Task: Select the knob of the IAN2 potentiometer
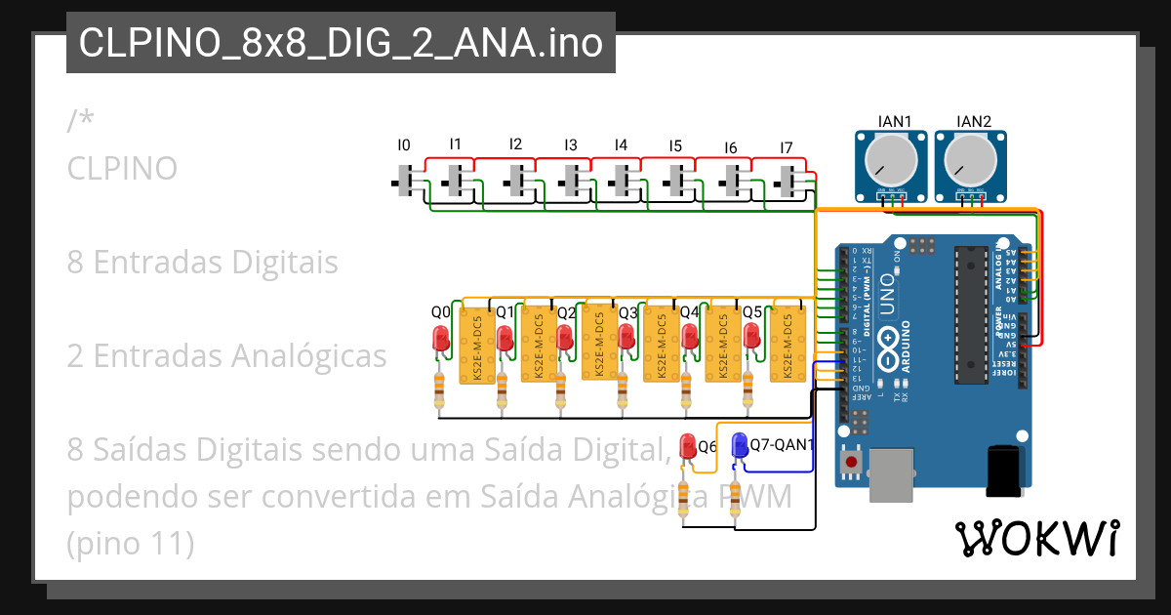[969, 156]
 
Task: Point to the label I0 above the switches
[404, 145]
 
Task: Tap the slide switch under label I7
[788, 181]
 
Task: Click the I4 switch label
[621, 145]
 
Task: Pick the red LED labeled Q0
[441, 340]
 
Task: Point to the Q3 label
[627, 313]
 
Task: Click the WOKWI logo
[1036, 538]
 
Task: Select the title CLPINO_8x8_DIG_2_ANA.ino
[340, 44]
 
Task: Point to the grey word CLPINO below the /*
[122, 169]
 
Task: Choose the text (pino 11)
[131, 544]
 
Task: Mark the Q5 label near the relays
[752, 313]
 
